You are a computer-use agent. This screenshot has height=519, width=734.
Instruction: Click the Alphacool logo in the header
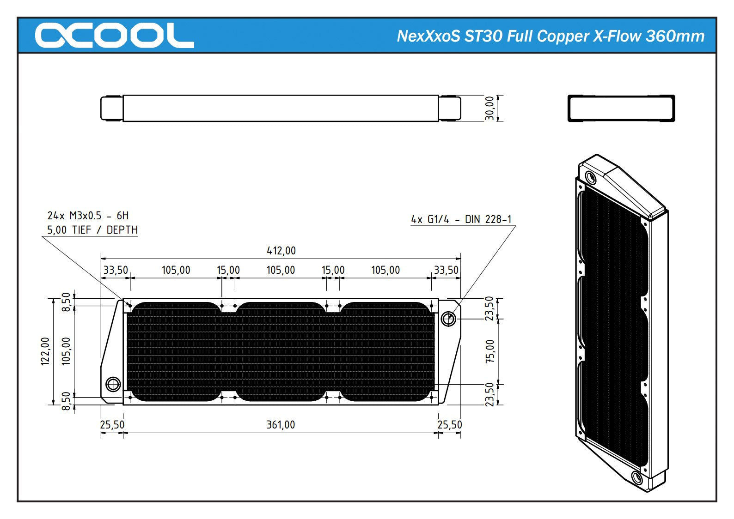[x=114, y=36]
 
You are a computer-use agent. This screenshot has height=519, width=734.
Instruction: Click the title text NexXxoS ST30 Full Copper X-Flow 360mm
[x=550, y=36]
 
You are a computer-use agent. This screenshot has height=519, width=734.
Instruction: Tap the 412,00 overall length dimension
[x=281, y=251]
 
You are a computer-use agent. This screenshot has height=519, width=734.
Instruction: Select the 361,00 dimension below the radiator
[x=281, y=425]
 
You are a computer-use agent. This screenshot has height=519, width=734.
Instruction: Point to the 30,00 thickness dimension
[x=489, y=108]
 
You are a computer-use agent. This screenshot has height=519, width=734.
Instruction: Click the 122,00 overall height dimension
[x=45, y=351]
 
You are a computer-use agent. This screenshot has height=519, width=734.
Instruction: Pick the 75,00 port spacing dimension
[x=490, y=351]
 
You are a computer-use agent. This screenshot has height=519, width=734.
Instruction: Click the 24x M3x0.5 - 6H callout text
[x=88, y=216]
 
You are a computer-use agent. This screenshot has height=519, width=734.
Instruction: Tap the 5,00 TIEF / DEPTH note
[x=92, y=230]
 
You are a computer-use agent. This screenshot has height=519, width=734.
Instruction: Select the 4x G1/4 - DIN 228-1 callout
[x=461, y=219]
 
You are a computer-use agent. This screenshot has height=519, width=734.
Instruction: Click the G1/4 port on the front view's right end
[x=448, y=318]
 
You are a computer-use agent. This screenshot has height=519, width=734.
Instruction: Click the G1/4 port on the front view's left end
[x=113, y=384]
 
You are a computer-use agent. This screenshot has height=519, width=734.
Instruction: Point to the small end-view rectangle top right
[x=621, y=109]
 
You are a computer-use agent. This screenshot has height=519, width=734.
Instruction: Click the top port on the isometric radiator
[x=591, y=177]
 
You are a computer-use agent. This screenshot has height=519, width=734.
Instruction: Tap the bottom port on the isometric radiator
[x=636, y=477]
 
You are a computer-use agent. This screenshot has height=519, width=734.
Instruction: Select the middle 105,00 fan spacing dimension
[x=281, y=270]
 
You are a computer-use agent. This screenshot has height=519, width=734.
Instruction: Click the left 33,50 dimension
[x=116, y=270]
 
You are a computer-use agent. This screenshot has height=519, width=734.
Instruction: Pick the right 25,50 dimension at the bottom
[x=449, y=425]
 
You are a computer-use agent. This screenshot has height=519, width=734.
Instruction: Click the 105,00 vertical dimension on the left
[x=66, y=351]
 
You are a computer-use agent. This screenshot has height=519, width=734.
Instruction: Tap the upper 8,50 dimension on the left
[x=66, y=302]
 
